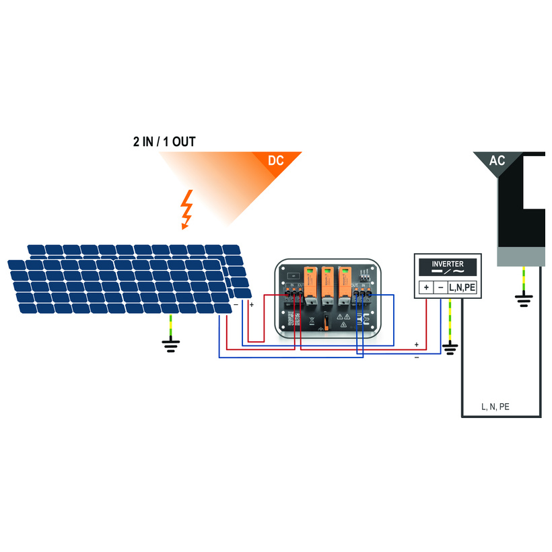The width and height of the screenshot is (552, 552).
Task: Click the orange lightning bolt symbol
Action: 187,209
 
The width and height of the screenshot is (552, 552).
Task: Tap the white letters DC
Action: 276,161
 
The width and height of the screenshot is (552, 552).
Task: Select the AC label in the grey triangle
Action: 497,161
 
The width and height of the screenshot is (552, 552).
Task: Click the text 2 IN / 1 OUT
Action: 164,143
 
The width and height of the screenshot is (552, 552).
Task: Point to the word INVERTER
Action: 447,264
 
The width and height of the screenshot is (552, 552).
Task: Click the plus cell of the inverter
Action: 426,287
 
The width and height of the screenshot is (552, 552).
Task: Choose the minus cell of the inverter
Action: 440,287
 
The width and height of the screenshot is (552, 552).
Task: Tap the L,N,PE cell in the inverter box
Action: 462,287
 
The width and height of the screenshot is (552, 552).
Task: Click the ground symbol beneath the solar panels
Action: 171,345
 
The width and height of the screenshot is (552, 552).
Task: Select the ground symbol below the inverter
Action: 450,348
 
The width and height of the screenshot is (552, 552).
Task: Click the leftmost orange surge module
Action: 311,282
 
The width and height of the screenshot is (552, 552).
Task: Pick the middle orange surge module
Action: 328,282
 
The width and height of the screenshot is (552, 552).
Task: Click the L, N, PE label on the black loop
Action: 495,407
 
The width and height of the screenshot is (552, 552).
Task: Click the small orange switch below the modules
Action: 326,322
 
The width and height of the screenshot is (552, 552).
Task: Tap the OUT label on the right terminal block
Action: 355,285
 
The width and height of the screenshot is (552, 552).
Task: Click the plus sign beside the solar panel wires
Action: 252,305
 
